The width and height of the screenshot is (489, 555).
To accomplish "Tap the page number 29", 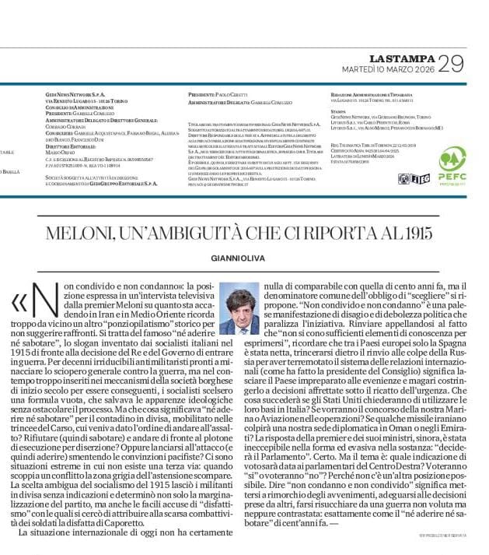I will click(449, 64).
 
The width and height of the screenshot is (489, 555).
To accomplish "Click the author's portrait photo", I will click(239, 308).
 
